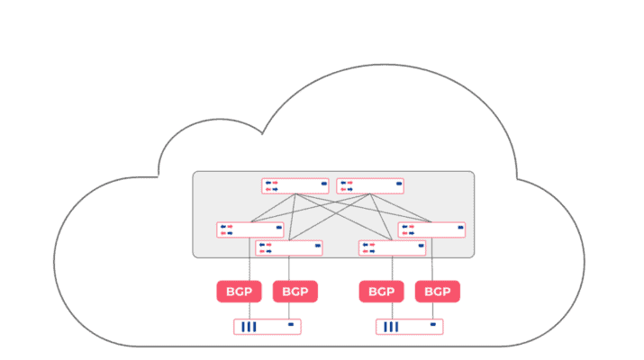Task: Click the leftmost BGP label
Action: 239,292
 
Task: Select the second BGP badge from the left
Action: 295,292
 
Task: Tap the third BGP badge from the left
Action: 381,292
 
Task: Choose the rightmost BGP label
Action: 438,292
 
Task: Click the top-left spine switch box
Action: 295,186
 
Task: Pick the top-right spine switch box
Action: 370,186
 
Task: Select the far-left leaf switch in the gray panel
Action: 250,229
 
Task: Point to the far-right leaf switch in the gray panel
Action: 432,229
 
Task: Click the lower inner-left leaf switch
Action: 289,247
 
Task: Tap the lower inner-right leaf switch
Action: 392,247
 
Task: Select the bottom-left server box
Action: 268,326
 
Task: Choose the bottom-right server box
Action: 410,326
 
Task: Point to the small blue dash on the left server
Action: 290,324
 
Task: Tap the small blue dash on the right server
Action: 433,324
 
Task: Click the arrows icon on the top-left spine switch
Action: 271,186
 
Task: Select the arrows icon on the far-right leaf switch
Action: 408,229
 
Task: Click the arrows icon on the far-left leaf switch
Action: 226,229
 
